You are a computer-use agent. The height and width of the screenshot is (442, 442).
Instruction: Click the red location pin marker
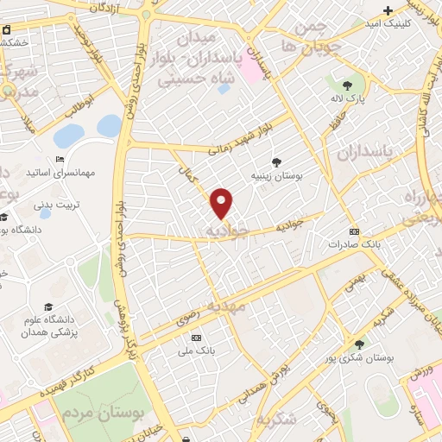[223, 203]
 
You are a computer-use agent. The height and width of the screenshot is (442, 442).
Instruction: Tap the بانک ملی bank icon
[196, 337]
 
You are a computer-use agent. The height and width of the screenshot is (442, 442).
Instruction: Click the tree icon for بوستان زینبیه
[276, 161]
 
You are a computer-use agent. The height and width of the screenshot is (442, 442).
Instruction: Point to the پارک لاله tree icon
[347, 85]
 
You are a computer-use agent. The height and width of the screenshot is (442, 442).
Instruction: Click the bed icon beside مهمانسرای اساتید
[60, 159]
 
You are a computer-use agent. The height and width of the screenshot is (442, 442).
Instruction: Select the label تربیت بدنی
[56, 205]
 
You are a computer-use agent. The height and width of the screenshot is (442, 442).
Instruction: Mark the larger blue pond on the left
[69, 136]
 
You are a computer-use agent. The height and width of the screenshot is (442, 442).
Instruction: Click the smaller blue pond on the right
[110, 126]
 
